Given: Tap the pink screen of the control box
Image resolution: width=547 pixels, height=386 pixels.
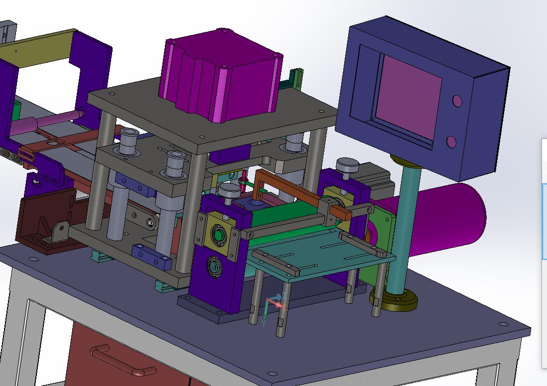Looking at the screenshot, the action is click(x=408, y=98).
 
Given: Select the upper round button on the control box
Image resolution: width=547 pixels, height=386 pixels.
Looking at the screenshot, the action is click(x=457, y=101).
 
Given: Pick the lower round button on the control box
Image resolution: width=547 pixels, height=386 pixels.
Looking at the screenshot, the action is click(x=451, y=141).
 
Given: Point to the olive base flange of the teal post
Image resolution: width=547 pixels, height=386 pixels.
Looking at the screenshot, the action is click(x=394, y=300).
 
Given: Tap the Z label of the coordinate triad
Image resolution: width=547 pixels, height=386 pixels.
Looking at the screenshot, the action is click(x=284, y=296).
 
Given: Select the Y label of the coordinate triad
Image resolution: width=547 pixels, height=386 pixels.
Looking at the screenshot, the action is click(x=264, y=324).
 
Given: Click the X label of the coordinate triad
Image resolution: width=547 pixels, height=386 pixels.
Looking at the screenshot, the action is click(x=284, y=307).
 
